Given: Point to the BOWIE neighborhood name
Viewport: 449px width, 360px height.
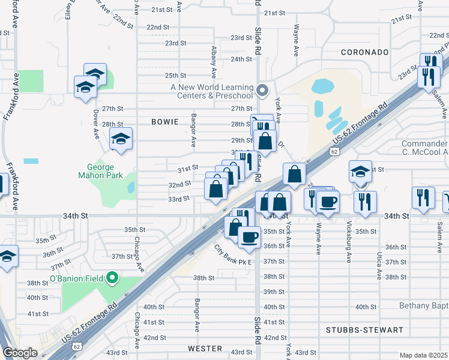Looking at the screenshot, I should pos(165,122).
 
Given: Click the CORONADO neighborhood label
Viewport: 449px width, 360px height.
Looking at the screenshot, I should pos(365,52).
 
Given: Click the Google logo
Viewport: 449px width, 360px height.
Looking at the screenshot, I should pos(20,353).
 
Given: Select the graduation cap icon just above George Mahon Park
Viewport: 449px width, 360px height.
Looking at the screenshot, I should pos(121,139).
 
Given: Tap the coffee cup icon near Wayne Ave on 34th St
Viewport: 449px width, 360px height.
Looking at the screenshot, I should pos(328,201).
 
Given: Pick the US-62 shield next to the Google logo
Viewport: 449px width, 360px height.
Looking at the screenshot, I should pos(77,346).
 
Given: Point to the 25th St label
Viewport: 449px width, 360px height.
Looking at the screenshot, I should pos(176,75).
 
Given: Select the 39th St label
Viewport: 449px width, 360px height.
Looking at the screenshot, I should pos(274,292).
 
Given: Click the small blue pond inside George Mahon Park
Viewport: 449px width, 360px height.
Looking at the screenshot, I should pos(131,187).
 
